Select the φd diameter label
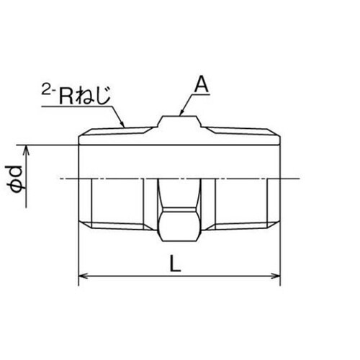[x=17, y=176]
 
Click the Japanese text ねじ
[x=99, y=96]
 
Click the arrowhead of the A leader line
[x=179, y=114]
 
